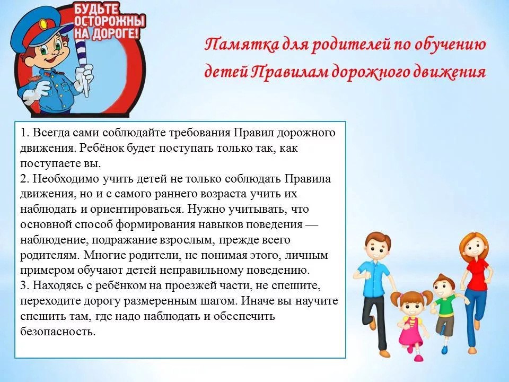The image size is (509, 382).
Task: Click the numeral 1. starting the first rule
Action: click(25, 133)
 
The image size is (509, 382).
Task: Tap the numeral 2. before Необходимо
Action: click(25, 179)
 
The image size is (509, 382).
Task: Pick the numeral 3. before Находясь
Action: click(25, 285)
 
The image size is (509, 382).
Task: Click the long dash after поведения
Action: click(312, 224)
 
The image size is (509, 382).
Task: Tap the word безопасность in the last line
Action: click(58, 332)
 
